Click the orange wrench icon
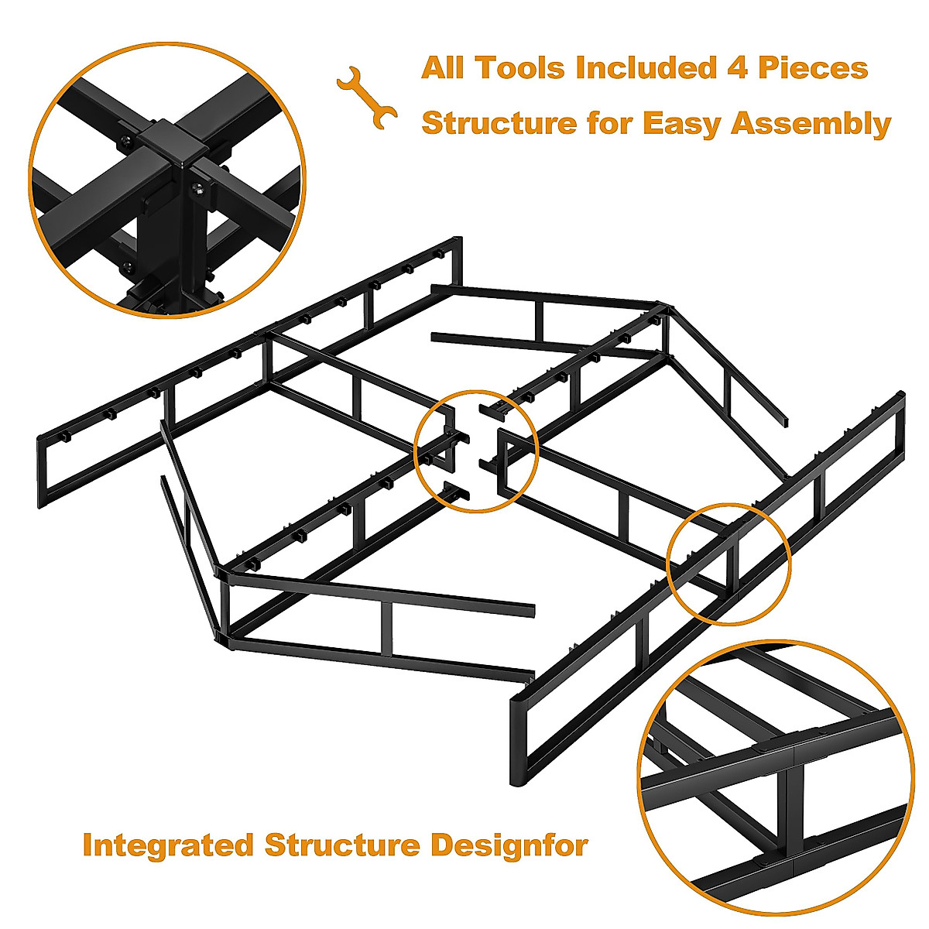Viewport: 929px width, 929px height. coord(367,97)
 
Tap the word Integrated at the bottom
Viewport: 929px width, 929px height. coord(168,845)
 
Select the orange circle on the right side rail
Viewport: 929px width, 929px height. coord(728,563)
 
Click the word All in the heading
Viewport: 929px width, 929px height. coord(444,68)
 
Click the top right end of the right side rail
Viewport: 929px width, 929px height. coord(900,397)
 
